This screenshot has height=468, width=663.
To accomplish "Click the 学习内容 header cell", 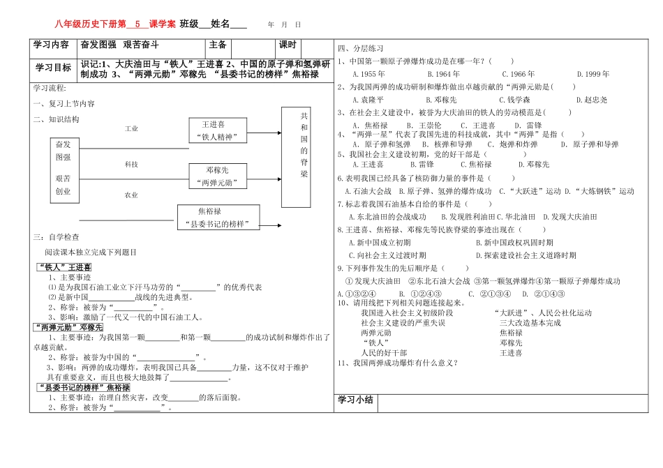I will click(x=50, y=45).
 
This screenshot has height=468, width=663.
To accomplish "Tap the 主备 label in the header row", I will click(x=218, y=45).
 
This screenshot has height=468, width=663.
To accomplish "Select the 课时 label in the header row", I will click(x=288, y=45).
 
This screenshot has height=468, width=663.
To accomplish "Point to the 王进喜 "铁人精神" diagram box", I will click(x=214, y=130).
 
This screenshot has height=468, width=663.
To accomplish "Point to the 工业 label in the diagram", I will click(x=131, y=129).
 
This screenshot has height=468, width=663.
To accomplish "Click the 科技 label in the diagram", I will click(x=131, y=164).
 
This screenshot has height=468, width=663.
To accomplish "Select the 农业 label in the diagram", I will click(x=131, y=195).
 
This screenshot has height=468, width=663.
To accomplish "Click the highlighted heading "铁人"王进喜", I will click(x=64, y=266).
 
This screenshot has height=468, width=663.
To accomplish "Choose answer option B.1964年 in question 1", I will click(x=444, y=74).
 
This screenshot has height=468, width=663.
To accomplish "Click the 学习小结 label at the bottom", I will click(x=356, y=400).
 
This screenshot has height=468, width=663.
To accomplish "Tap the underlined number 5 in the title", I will click(x=137, y=24).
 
